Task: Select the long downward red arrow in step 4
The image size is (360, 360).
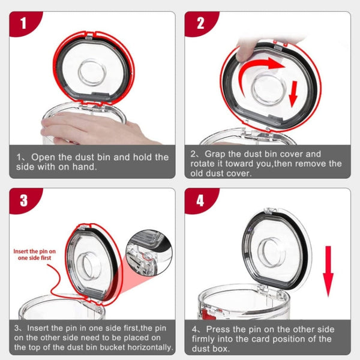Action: [328, 270]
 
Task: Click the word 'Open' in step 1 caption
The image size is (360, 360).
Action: [44, 157]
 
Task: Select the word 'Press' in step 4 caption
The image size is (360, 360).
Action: [219, 329]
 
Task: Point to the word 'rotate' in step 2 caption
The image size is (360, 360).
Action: [205, 163]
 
